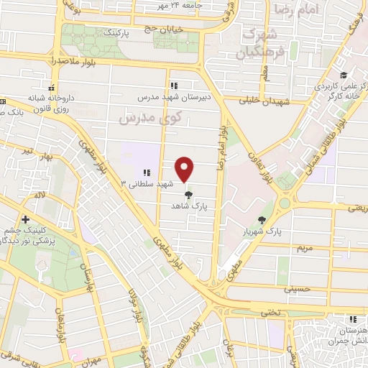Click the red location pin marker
[x=185, y=170]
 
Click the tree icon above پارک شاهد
[x=189, y=195]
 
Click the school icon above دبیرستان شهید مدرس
[x=175, y=85]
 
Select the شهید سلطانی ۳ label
[x=148, y=183]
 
